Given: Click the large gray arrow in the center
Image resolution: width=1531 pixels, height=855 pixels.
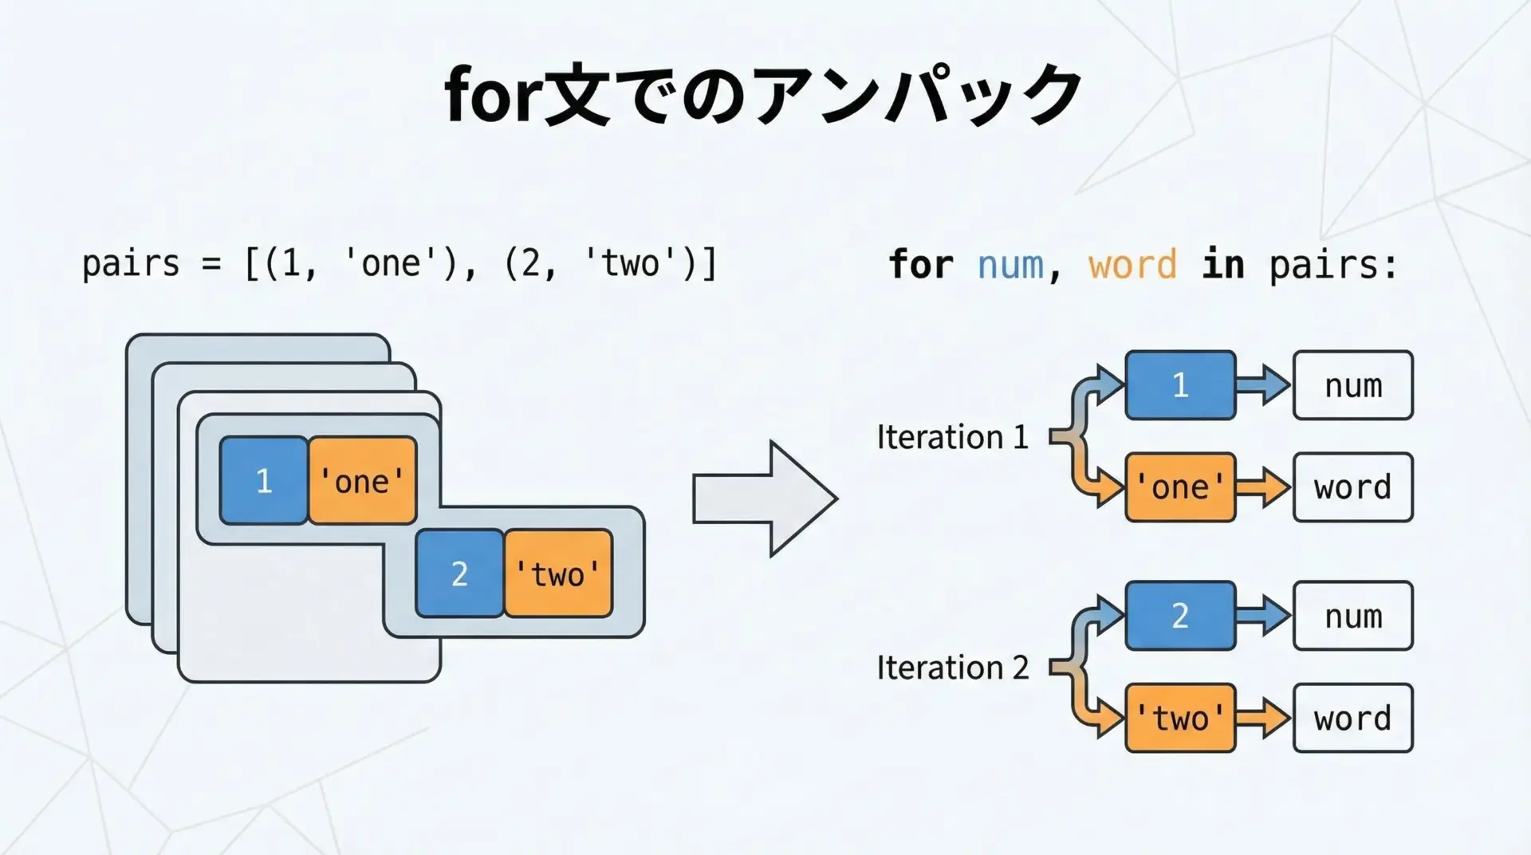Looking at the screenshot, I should tap(764, 498).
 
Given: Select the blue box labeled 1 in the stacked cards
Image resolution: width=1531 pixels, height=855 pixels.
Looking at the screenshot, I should tap(264, 480).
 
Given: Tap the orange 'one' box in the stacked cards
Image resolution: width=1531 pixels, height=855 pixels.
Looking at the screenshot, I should tap(363, 480).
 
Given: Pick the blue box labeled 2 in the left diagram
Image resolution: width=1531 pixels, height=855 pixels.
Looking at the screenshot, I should tap(459, 573).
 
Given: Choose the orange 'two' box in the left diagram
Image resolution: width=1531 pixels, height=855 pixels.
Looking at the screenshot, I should tap(558, 573).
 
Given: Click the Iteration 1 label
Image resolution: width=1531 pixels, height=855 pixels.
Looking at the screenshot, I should tap(952, 437).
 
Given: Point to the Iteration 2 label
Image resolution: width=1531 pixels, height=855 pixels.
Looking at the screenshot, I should tap(952, 668).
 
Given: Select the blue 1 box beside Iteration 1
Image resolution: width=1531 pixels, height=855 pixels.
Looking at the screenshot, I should tap(1180, 385).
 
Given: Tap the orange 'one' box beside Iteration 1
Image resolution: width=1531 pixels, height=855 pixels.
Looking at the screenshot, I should tap(1180, 487).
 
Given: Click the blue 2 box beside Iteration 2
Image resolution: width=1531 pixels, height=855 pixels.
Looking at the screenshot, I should tap(1180, 616).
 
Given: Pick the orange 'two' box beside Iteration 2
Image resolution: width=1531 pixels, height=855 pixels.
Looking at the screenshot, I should tap(1180, 718).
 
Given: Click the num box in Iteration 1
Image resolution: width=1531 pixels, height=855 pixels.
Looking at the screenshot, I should tap(1352, 385).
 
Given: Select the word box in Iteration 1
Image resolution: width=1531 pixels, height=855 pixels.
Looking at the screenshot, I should tap(1352, 487).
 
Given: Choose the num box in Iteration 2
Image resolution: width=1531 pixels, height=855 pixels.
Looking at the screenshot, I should tap(1352, 616).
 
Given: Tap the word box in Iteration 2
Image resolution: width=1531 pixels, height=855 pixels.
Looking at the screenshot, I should tap(1352, 718).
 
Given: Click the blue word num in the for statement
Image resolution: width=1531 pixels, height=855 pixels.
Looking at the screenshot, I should tap(1010, 264).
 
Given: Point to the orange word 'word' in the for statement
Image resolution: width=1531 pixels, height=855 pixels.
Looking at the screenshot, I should tap(1132, 264).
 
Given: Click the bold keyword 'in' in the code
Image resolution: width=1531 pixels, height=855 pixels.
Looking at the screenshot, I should tap(1222, 264).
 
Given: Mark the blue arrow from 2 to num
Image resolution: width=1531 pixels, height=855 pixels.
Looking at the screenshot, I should tap(1264, 616).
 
